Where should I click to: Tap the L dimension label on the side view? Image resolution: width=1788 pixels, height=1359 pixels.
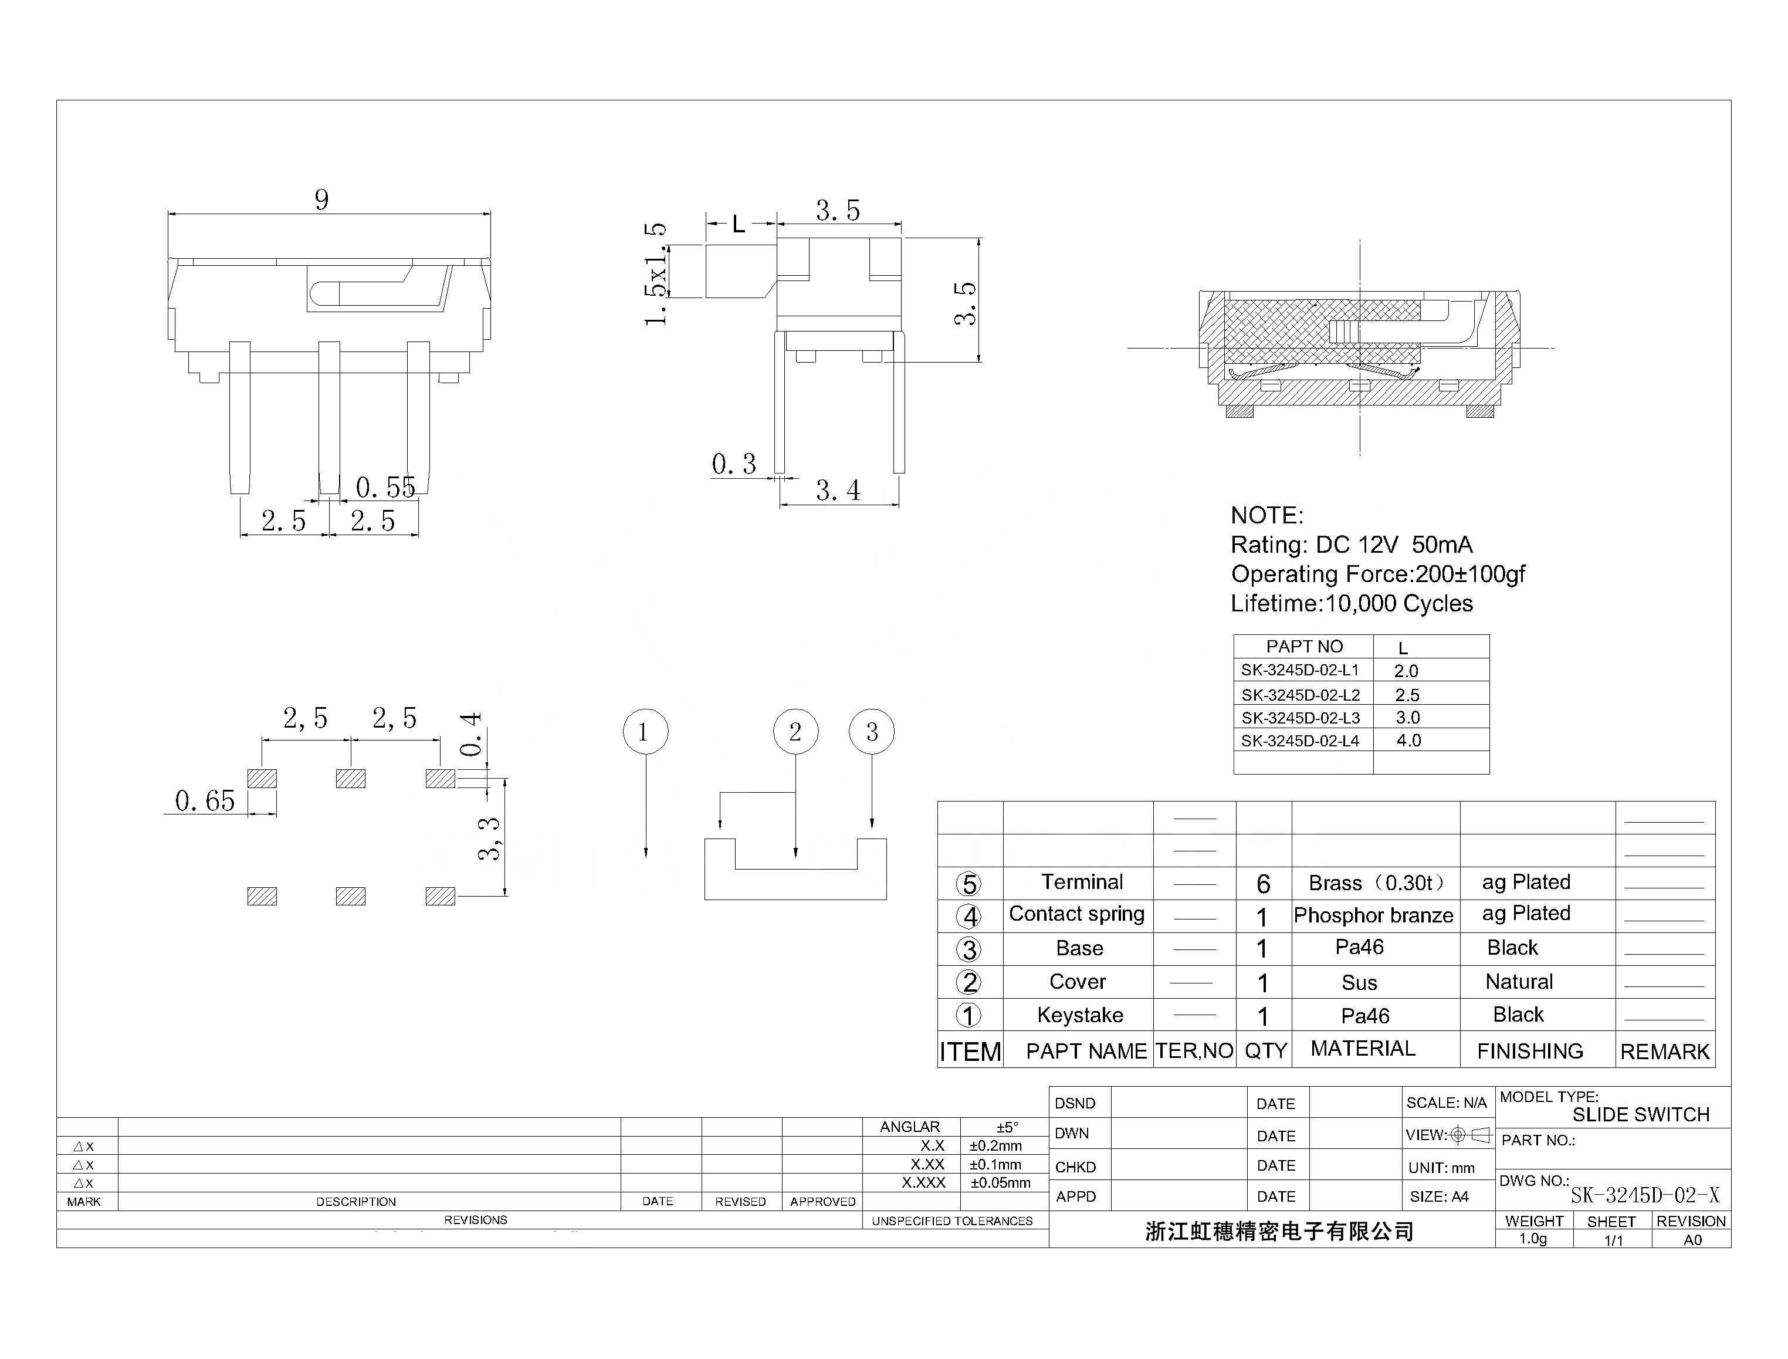pyautogui.click(x=739, y=225)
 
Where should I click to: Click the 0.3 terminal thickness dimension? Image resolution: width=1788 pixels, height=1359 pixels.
pyautogui.click(x=733, y=464)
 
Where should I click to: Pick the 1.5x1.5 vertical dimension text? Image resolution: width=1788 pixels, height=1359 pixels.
pyautogui.click(x=656, y=273)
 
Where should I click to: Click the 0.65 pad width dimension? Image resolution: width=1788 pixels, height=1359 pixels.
pyautogui.click(x=205, y=801)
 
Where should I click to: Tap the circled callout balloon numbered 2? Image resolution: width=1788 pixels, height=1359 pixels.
pyautogui.click(x=795, y=732)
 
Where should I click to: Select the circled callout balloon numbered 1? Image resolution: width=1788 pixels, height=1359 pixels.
pyautogui.click(x=645, y=732)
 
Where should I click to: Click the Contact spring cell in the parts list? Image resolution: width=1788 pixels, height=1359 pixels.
pyautogui.click(x=1076, y=914)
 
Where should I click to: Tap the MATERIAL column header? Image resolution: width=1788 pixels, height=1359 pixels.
pyautogui.click(x=1363, y=1049)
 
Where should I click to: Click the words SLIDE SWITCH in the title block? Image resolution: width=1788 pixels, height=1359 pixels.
pyautogui.click(x=1640, y=1115)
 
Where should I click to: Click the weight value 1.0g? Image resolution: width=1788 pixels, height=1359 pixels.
pyautogui.click(x=1532, y=1239)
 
